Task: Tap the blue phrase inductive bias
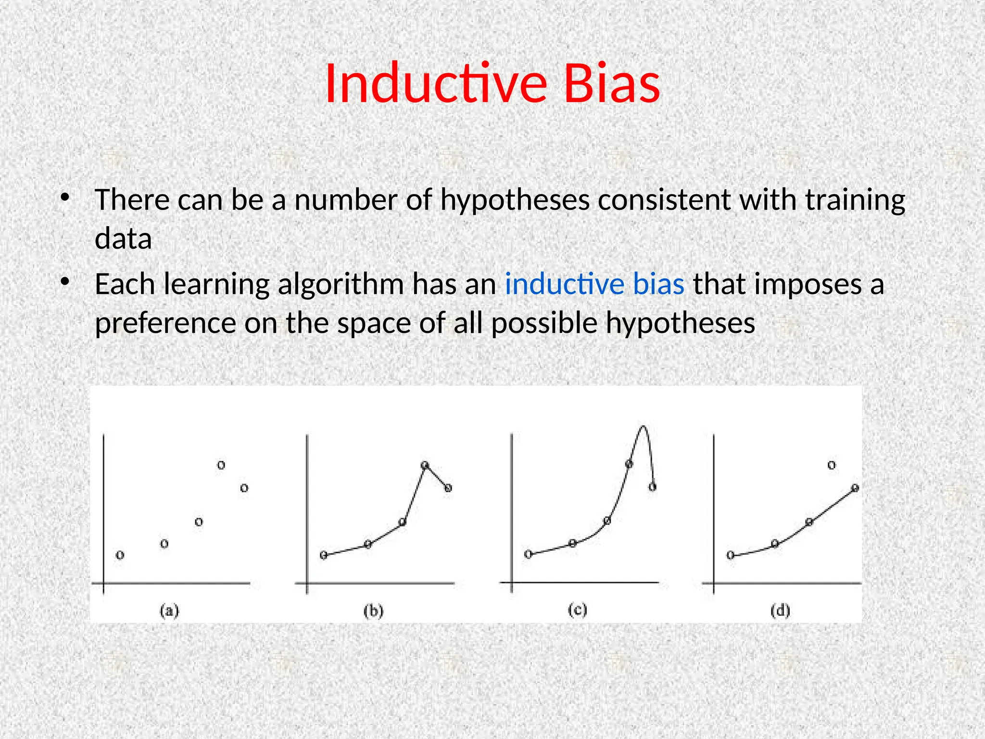(594, 284)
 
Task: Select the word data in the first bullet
(123, 239)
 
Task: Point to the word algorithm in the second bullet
(341, 284)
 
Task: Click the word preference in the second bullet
(165, 323)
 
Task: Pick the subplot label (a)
(169, 611)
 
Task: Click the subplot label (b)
(373, 611)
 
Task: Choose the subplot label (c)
(577, 610)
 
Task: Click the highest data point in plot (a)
(221, 465)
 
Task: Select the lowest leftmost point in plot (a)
(120, 555)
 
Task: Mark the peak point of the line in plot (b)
(425, 465)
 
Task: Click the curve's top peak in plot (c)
(643, 427)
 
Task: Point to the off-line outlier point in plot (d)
(832, 465)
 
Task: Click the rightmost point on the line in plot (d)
(855, 488)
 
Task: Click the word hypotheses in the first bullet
(515, 200)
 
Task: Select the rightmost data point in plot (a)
(244, 488)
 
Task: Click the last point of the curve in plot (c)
(652, 487)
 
